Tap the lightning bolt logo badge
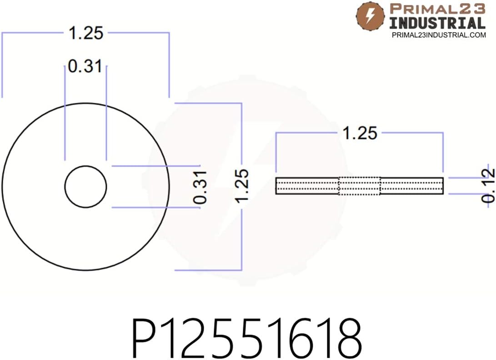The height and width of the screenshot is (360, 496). coord(371,15)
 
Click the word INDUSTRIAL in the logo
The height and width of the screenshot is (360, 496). coord(437,23)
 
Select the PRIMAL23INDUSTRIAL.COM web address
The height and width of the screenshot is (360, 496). coord(439,35)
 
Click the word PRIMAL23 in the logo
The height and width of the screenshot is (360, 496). coord(437,8)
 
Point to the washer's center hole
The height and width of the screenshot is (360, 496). coord(86,187)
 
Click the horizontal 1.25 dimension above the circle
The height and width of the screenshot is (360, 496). coord(86,33)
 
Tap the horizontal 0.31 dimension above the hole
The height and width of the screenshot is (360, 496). coord(85,66)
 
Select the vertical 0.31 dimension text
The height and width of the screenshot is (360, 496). coord(200,187)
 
